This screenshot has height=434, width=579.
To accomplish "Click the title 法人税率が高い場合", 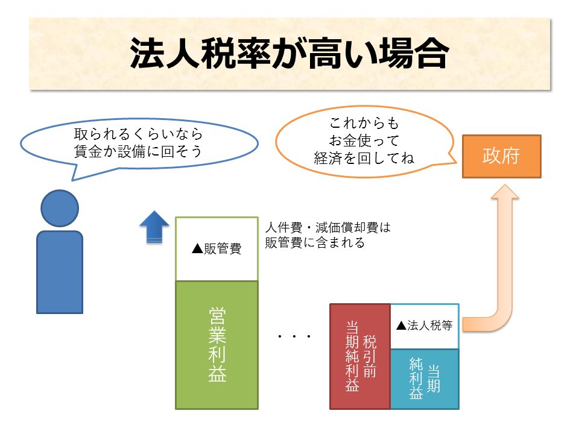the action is pos(289,53).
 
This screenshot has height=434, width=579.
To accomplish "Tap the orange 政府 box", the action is pos(501,156).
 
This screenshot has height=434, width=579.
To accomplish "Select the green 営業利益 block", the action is pos(217,345).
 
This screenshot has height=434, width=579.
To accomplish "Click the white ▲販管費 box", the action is pos(217,249).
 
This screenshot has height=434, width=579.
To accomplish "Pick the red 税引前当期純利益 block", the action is pos(360,356).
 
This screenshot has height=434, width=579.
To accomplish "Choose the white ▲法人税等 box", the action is pos(425,326).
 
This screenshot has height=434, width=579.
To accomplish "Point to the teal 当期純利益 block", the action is pos(425,379).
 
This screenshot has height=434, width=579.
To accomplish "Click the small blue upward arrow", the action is pos(154,227).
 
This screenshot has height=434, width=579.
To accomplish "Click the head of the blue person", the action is pos(60,208).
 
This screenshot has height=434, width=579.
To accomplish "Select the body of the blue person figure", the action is pos(60,272).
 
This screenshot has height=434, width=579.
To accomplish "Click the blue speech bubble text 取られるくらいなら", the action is pos(139,134).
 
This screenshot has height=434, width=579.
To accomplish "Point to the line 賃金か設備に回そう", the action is pos(138,151).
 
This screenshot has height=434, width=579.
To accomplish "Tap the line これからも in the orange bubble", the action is pos(364,123).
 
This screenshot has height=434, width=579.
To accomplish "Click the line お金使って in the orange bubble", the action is pos(364,140).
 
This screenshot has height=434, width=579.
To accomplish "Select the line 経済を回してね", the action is pos(364,158).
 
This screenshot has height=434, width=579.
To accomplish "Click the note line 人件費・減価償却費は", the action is pos(328,227).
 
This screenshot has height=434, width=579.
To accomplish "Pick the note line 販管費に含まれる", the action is pos(315,242).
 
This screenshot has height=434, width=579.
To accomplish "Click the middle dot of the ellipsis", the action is pos(294,336).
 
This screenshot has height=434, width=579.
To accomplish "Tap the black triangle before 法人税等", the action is pos(402,325).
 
